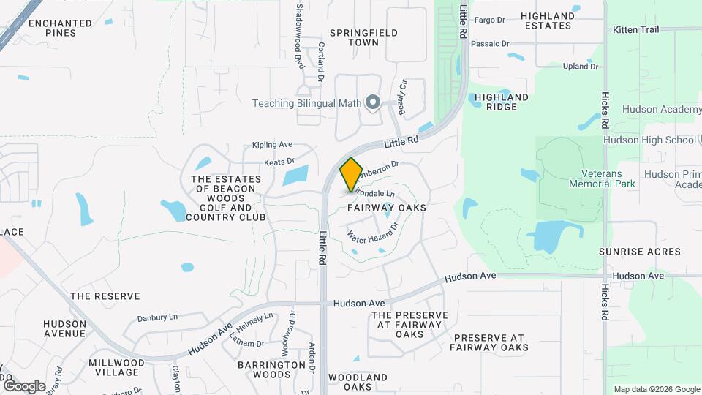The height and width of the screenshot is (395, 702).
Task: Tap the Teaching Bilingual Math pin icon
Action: coord(373,103)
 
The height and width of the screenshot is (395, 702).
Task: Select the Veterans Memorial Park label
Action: coord(603,178)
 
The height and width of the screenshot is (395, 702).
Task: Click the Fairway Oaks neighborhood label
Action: coord(386,208)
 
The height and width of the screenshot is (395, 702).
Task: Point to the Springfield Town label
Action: coord(363,37)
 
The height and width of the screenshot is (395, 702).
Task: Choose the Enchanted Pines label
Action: coord(60,28)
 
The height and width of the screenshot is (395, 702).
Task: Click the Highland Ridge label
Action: coord(501,102)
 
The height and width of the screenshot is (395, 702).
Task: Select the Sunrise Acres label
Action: coord(639,251)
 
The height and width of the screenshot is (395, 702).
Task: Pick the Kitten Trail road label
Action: coord(636,29)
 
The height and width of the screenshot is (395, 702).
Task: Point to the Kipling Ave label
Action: coord(272,145)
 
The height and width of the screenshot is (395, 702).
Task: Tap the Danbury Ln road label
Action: coord(157,318)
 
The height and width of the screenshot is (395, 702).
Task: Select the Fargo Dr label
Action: coord(490,20)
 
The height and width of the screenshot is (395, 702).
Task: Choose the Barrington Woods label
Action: coord(271,369)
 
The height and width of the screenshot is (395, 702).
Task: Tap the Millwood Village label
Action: coord(116,367)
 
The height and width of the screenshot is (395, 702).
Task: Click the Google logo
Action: coord(24,385)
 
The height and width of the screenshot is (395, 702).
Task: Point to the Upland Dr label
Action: coord(581,67)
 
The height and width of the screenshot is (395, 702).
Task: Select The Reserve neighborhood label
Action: coord(105,296)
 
